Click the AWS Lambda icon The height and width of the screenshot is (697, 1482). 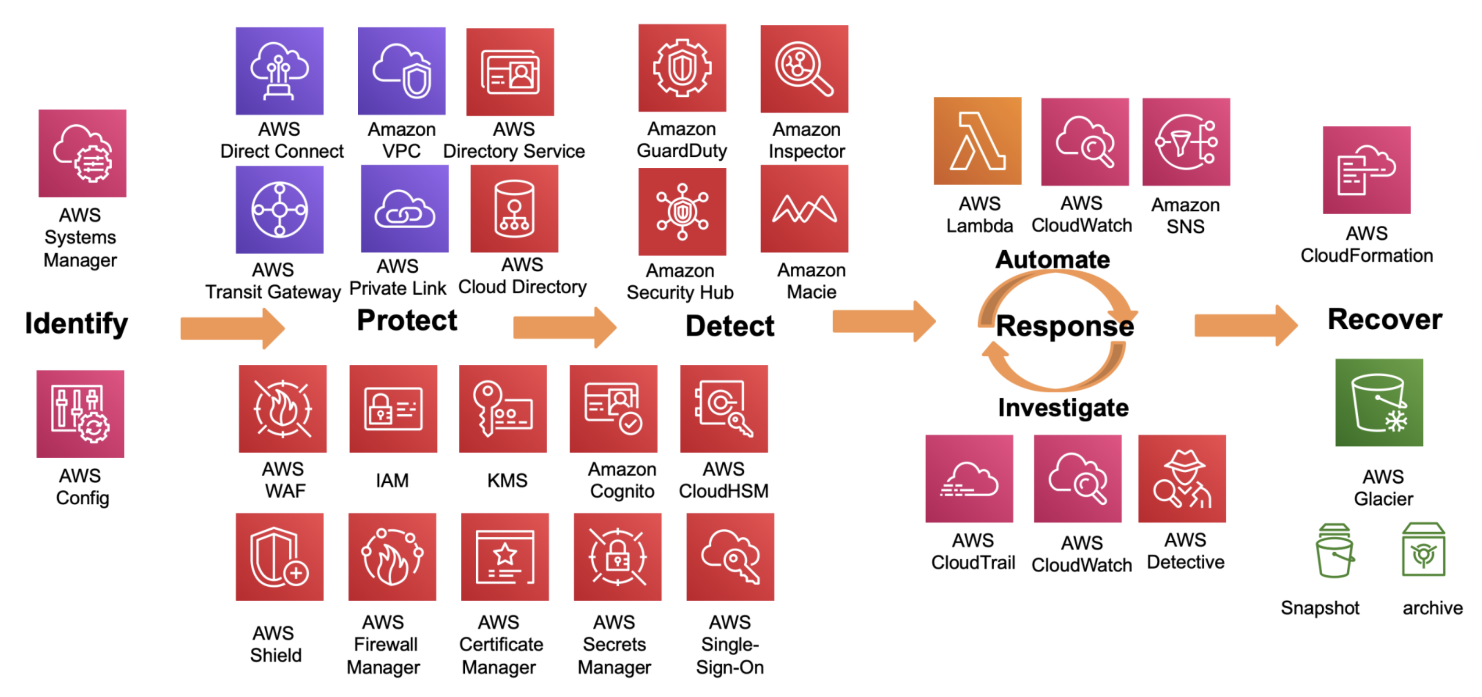pyautogui.click(x=977, y=141)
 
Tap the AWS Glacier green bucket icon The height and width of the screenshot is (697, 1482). pyautogui.click(x=1378, y=403)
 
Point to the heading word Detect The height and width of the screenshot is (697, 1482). pyautogui.click(x=729, y=326)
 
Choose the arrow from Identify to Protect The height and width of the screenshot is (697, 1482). pyautogui.click(x=233, y=328)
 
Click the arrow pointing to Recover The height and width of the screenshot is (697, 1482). pyautogui.click(x=1246, y=325)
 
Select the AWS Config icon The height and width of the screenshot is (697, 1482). pyautogui.click(x=80, y=414)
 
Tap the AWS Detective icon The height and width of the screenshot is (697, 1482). pyautogui.click(x=1182, y=478)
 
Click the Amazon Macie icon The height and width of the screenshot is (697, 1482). pyautogui.click(x=804, y=209)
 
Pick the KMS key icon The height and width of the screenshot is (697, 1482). pyautogui.click(x=502, y=409)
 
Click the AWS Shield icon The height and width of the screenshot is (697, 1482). pyautogui.click(x=279, y=557)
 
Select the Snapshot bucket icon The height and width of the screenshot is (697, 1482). pyautogui.click(x=1334, y=550)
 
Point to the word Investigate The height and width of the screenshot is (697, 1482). pyautogui.click(x=1063, y=408)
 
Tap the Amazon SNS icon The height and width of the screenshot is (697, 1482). pyautogui.click(x=1186, y=142)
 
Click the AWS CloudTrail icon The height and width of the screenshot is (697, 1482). pyautogui.click(x=969, y=478)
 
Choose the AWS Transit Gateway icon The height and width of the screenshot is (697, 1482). pyautogui.click(x=279, y=209)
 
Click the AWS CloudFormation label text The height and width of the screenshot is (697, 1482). pyautogui.click(x=1366, y=244)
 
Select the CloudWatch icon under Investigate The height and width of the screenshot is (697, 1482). pyautogui.click(x=1077, y=478)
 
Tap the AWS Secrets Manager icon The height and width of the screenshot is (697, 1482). pyautogui.click(x=617, y=557)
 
